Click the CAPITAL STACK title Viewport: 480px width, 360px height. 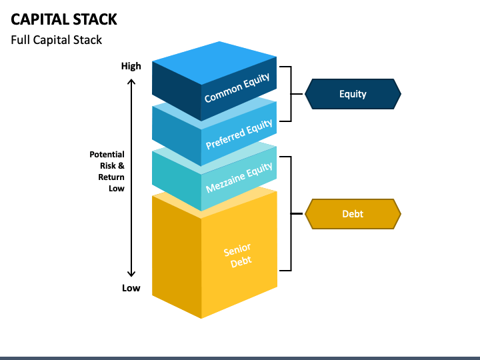click(x=64, y=19)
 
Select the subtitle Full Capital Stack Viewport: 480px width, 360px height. click(x=56, y=40)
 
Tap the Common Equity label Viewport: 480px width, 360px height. click(x=237, y=87)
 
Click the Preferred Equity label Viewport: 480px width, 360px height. click(x=239, y=134)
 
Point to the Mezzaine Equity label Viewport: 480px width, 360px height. click(x=239, y=177)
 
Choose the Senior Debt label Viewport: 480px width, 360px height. click(x=238, y=255)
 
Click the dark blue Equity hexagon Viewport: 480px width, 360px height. click(x=353, y=94)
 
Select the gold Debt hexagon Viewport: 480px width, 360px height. click(x=353, y=214)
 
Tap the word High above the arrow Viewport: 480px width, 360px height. click(x=131, y=66)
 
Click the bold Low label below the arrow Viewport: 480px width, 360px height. click(x=131, y=288)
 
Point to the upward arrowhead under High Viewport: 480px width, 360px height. click(x=131, y=81)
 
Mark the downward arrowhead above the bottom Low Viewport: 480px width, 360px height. click(x=131, y=274)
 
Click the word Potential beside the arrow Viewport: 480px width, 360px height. click(x=107, y=154)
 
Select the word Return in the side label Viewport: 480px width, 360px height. click(x=111, y=177)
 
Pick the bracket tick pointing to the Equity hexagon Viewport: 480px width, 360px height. click(x=297, y=94)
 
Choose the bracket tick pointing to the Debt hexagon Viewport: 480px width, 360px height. click(x=297, y=213)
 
